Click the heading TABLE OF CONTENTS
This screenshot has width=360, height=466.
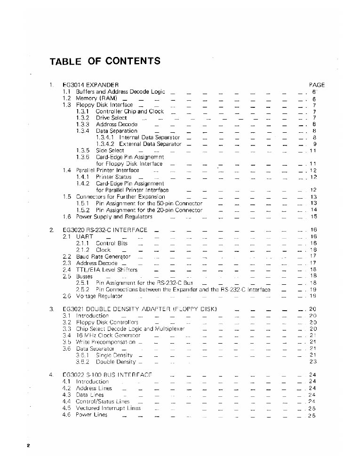105,61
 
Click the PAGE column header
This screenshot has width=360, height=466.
317,85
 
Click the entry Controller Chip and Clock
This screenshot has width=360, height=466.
129,112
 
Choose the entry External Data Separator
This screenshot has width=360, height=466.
150,144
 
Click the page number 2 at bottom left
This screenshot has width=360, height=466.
29,445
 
